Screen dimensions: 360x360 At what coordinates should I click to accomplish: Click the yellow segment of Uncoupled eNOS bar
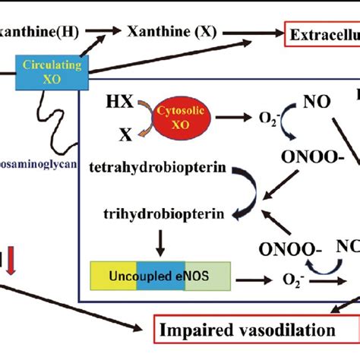(x=106, y=275)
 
